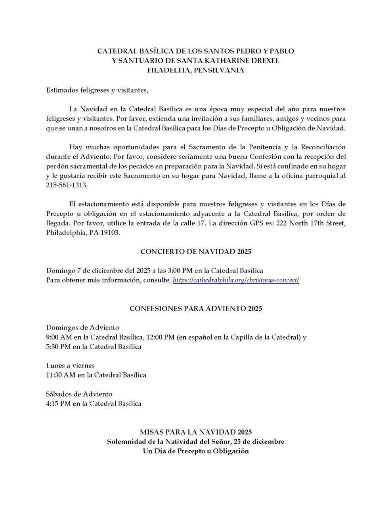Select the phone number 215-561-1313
pos(67,185)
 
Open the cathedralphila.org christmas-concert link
pos(236,280)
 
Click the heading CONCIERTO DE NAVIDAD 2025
pos(196,252)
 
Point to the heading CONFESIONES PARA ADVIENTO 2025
pos(196,309)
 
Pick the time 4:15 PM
pos(58,404)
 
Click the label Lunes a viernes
pos(71,366)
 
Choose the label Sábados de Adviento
pos(79,394)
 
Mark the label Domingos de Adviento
pos(82,328)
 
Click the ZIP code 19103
pos(111,233)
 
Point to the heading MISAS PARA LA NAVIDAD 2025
pos(196,432)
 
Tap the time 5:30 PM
pos(58,347)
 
